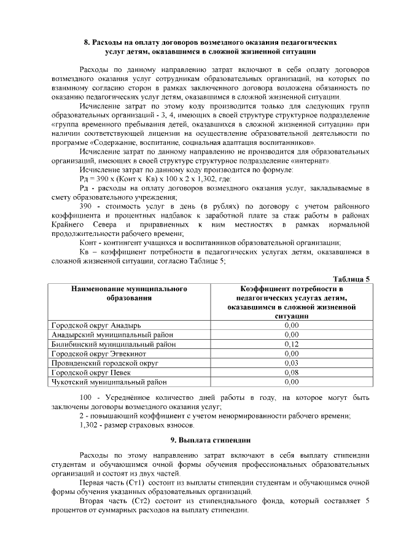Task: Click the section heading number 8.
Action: tap(87, 44)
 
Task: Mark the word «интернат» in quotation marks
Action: tap(314, 161)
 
